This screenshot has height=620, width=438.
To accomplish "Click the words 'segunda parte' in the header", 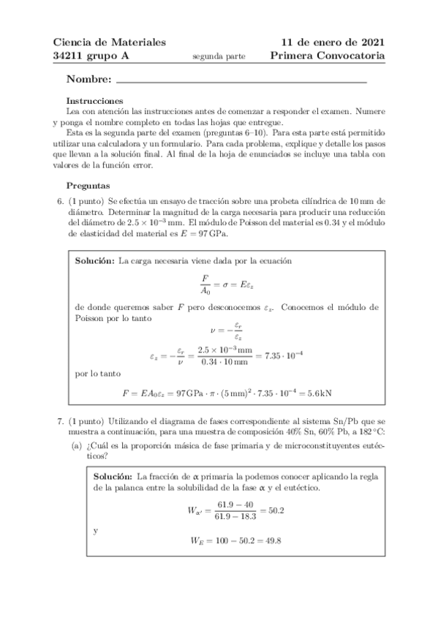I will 219,56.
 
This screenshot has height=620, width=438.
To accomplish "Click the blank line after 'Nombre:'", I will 241,80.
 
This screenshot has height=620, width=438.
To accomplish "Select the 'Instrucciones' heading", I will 94,101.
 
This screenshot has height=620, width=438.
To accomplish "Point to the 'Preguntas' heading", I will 88,186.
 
